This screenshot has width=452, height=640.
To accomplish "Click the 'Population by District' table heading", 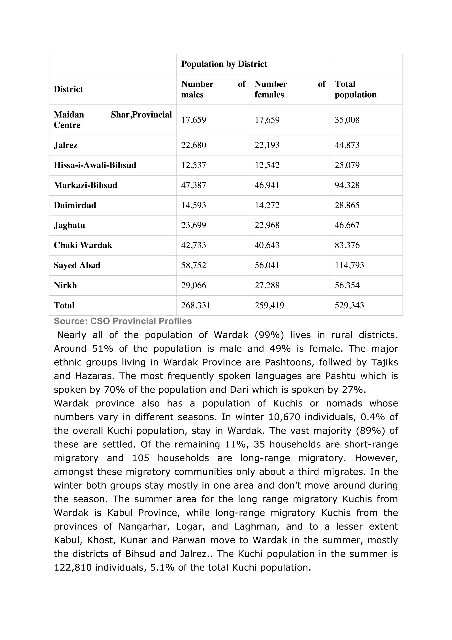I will [224, 64].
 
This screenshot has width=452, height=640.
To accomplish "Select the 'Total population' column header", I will [355, 89].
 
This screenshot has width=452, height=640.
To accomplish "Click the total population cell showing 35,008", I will [347, 120].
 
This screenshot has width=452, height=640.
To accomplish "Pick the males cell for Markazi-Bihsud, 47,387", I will [194, 185].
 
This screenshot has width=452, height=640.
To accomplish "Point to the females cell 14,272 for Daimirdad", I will [267, 205].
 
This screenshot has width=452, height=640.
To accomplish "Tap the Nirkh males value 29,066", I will [194, 285].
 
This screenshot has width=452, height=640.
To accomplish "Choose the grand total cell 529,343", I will [349, 305].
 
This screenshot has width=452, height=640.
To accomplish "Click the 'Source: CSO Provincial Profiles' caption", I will [123, 321].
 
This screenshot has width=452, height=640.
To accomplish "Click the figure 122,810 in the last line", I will [72, 568].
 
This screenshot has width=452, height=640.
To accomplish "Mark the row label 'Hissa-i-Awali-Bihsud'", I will [95, 165].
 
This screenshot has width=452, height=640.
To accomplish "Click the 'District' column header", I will [68, 89].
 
